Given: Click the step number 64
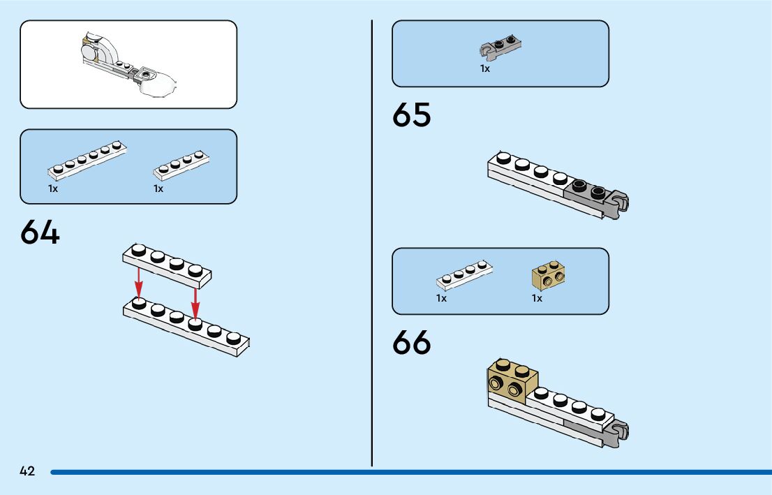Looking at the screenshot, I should point(40,232).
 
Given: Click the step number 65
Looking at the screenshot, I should point(412,115).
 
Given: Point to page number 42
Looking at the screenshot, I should point(27,471).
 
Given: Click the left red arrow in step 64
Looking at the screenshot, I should point(139,282).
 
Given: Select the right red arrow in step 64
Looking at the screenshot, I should point(195,300).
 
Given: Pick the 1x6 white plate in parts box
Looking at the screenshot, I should point(87,159).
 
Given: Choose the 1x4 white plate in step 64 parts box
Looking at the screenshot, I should point(180,165).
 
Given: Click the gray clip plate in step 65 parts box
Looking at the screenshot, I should point(500,46).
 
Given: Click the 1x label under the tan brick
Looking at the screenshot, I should point(537,298).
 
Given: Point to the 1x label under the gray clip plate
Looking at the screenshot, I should point(485,69).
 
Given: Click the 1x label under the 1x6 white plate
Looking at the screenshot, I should point(53,189).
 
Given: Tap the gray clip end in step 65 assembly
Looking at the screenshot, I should point(618,205).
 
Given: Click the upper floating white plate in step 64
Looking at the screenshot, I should point(167,265).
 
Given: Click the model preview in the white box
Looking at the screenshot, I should point(128,64).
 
